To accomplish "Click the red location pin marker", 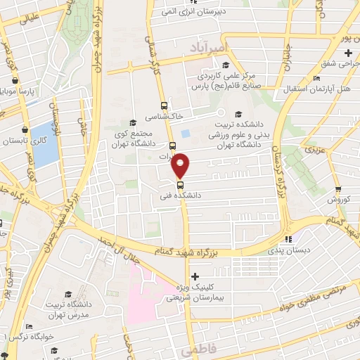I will click(x=181, y=165).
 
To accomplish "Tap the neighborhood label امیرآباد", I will click(x=207, y=46).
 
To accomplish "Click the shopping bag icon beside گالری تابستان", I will click(x=26, y=129).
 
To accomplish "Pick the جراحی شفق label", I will click(x=341, y=65).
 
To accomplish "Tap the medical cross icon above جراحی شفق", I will click(x=349, y=53).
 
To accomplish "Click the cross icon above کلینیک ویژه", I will click(x=195, y=276).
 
